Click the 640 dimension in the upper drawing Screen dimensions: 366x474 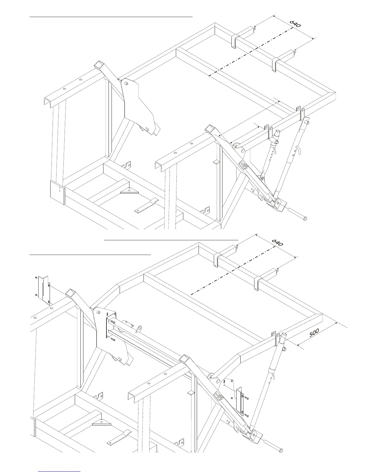(295, 24)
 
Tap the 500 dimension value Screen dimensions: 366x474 (314, 333)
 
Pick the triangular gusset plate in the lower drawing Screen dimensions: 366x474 (102, 423)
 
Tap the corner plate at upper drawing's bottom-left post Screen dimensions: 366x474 (57, 192)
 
